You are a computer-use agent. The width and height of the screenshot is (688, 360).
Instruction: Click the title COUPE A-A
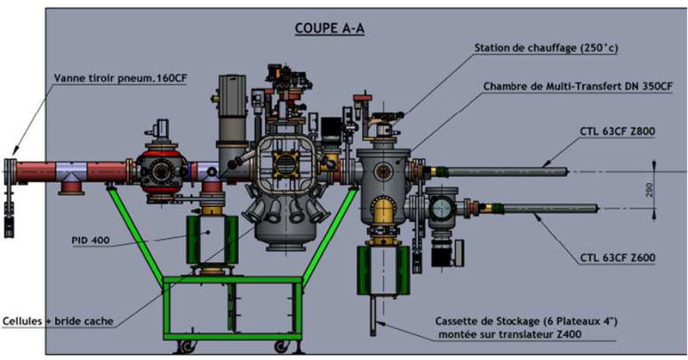(330, 28)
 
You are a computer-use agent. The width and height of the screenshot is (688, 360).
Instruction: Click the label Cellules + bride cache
(59, 319)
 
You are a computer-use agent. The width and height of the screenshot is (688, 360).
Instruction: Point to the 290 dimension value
(650, 188)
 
